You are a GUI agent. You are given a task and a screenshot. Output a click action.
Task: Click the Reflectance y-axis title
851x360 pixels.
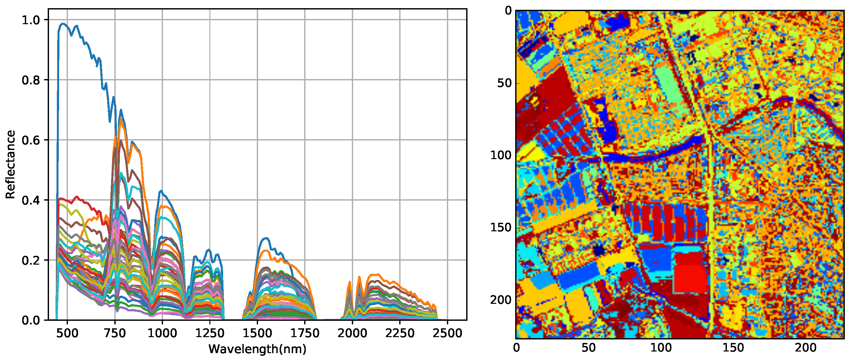[x=10, y=164]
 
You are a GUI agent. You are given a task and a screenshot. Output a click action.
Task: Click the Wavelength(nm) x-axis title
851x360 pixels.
[x=257, y=349]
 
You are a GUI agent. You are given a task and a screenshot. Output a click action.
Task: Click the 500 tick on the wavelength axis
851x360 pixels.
[x=67, y=333]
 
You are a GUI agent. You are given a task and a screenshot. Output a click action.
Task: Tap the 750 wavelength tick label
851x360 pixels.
[x=115, y=333]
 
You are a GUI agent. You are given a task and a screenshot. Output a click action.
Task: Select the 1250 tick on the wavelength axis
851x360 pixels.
[x=210, y=333]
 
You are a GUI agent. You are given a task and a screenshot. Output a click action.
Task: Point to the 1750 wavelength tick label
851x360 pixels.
[x=304, y=333]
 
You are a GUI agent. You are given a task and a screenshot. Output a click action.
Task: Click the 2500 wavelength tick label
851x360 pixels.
[x=447, y=333]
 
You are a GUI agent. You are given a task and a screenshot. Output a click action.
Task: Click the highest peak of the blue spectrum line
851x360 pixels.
[x=63, y=24]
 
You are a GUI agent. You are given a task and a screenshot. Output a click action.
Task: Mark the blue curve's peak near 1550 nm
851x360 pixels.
[x=266, y=238]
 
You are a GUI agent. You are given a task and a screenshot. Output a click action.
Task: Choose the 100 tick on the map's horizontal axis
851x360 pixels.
[x=661, y=348]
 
